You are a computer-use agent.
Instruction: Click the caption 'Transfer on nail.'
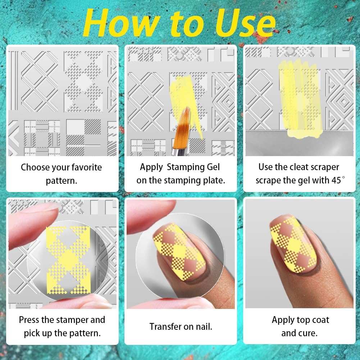181,327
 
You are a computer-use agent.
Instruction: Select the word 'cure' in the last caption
309,333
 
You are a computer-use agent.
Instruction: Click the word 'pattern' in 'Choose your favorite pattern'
61,181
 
